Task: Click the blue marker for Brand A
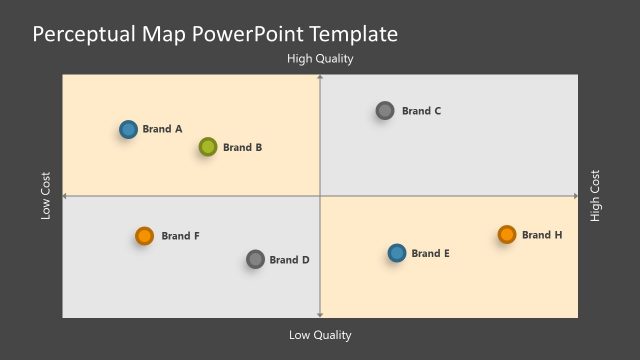pos(128,129)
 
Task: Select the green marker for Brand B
pos(207,147)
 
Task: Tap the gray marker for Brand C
pos(385,111)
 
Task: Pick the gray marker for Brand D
pos(255,260)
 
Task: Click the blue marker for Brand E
pos(397,253)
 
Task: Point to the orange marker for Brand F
pos(144,236)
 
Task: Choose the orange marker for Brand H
pos(507,235)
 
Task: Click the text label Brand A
pos(162,129)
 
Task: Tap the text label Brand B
pos(242,147)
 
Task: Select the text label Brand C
pos(421,111)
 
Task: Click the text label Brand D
pos(290,260)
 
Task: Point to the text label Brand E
pos(430,254)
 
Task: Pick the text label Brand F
pos(180,236)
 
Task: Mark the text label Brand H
pos(542,235)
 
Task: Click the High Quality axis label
pos(320,59)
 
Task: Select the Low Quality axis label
pos(320,335)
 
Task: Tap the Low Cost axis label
pos(46,196)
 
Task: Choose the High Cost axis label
pos(596,196)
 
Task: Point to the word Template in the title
pos(355,34)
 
